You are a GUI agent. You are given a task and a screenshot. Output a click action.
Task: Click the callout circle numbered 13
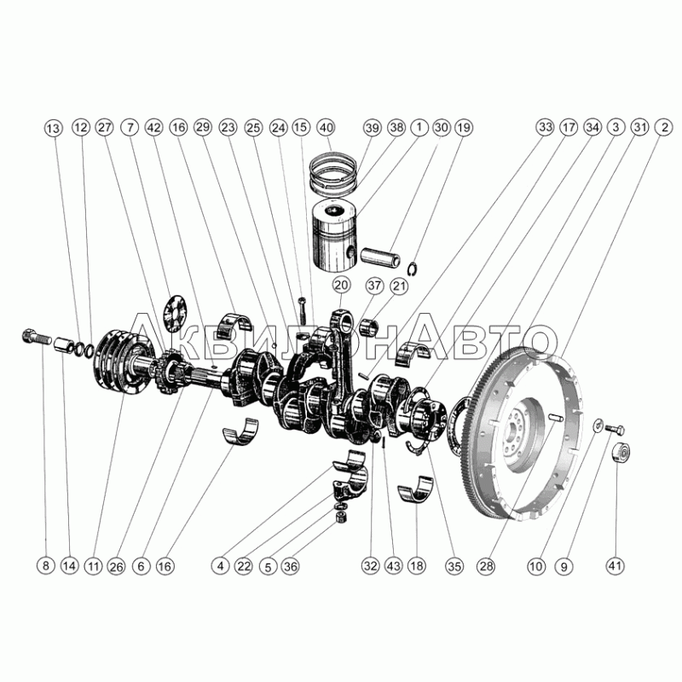(x=53, y=129)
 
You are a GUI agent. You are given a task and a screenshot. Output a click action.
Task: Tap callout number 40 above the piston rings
(x=327, y=127)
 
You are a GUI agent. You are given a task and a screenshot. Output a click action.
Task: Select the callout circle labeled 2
(x=664, y=127)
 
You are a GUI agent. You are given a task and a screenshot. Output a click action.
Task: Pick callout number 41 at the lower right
(x=615, y=566)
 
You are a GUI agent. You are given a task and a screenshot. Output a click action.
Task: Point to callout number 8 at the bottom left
(x=46, y=566)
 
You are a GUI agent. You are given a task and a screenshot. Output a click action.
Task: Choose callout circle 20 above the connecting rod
(x=342, y=286)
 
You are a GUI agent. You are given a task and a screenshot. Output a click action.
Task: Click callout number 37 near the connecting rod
(x=374, y=286)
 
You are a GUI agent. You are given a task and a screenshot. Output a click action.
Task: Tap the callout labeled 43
(x=394, y=566)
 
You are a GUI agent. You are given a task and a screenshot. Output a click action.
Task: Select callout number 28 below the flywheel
(x=485, y=566)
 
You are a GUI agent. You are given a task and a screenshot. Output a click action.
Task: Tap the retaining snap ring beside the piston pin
(x=413, y=269)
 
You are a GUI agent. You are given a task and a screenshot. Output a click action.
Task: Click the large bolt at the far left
(x=36, y=336)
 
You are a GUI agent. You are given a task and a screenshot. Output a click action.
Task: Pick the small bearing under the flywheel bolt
(x=621, y=453)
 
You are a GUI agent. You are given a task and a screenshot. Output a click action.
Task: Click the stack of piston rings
(x=334, y=173)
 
